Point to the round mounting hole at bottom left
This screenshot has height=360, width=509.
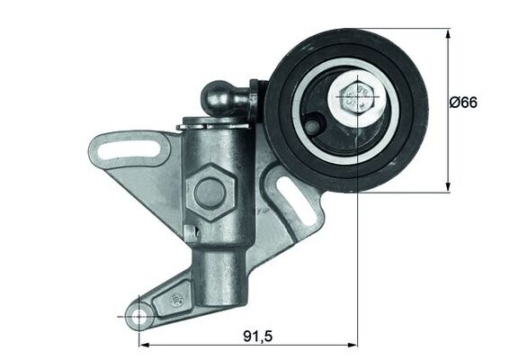138,317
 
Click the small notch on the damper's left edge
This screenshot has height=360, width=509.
190,232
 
